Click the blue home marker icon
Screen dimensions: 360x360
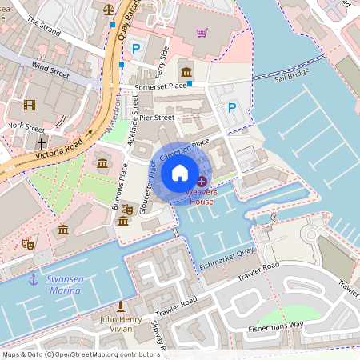tap(180, 172)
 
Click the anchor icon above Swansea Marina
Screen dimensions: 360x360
tap(34, 278)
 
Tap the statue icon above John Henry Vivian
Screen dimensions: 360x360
tap(121, 306)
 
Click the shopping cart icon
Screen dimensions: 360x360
tap(202, 33)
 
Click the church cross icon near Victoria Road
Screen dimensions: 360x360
tap(42, 144)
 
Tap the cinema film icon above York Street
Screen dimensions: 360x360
tap(30, 106)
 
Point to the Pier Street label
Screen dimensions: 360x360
tap(157, 118)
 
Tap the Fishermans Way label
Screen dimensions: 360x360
tap(297, 324)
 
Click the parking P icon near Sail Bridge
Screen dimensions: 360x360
tap(232, 108)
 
